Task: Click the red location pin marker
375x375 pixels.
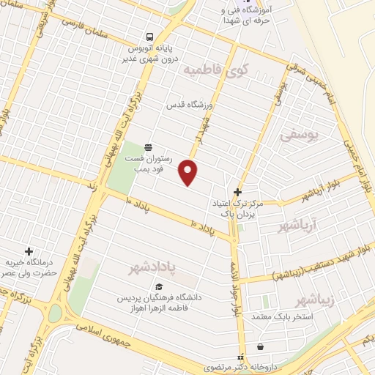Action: pos(189,171)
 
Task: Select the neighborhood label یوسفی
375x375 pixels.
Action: pos(300,134)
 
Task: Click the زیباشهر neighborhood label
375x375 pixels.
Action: pos(316,300)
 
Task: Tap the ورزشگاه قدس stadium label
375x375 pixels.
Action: pos(188,105)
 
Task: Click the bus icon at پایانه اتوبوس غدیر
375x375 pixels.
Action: pos(149,37)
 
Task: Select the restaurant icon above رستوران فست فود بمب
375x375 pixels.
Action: pos(149,146)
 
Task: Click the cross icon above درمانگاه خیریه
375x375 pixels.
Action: pos(29,251)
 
